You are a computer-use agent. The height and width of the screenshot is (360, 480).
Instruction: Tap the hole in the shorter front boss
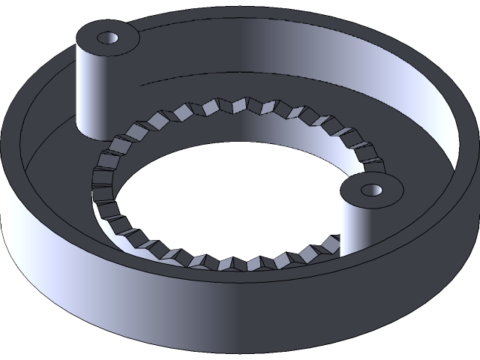371,189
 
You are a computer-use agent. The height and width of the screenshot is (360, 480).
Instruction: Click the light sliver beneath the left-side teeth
105,217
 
